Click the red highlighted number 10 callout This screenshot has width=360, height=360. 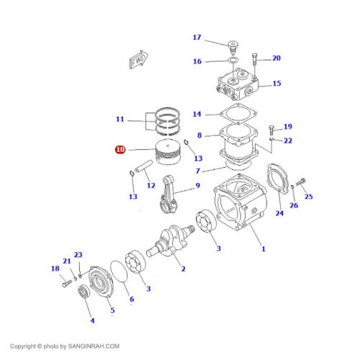click(x=120, y=150)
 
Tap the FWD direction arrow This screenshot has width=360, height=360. click(x=138, y=60)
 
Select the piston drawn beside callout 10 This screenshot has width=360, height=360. click(x=168, y=152)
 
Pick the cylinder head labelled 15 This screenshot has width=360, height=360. click(x=238, y=84)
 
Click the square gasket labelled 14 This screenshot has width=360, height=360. click(x=238, y=114)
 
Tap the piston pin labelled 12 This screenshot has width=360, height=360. click(x=143, y=166)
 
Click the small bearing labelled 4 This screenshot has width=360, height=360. click(x=84, y=291)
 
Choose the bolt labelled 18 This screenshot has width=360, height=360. click(x=67, y=284)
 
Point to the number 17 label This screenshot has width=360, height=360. click(x=197, y=37)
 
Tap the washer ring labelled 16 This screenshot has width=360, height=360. click(x=233, y=60)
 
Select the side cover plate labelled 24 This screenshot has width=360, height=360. click(x=278, y=179)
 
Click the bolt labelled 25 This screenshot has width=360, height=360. click(x=300, y=182)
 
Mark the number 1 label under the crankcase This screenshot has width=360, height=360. click(x=264, y=249)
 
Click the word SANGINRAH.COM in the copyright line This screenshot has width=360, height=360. click(x=94, y=346)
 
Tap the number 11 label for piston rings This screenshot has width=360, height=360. click(x=120, y=119)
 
